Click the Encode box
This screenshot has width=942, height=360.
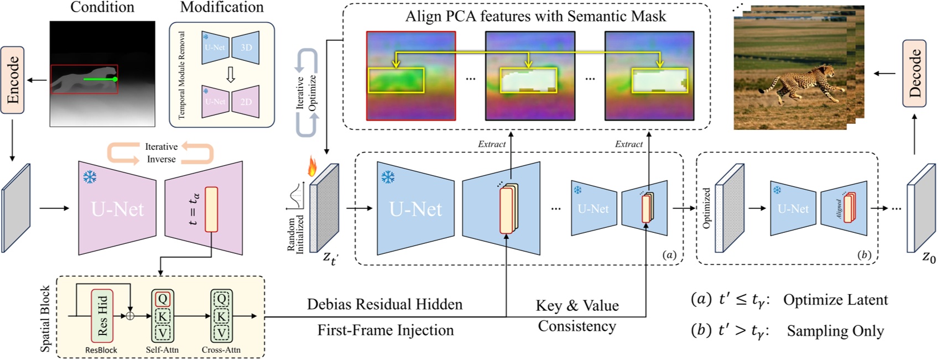pyautogui.click(x=12, y=80)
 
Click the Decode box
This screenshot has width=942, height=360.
pyautogui.click(x=914, y=73)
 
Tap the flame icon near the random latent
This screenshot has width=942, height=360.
pyautogui.click(x=313, y=166)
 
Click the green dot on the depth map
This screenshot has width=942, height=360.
pyautogui.click(x=115, y=80)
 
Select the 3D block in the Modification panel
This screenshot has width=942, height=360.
pyautogui.click(x=246, y=48)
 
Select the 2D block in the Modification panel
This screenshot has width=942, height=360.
pyautogui.click(x=246, y=102)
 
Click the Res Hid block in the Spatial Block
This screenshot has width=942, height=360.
pyautogui.click(x=102, y=316)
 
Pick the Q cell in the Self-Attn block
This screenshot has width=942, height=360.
pyautogui.click(x=163, y=299)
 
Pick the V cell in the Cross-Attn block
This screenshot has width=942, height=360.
pyautogui.click(x=221, y=333)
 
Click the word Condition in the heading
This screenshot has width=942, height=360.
pyautogui.click(x=102, y=7)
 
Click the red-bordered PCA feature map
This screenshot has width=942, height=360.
pyautogui.click(x=410, y=76)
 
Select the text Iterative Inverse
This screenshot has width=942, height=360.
pyautogui.click(x=161, y=153)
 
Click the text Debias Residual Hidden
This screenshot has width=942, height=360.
pyautogui.click(x=384, y=304)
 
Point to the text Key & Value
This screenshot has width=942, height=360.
pyautogui.click(x=577, y=306)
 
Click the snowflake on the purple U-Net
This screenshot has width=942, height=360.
pyautogui.click(x=90, y=177)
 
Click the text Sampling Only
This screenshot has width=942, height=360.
pyautogui.click(x=835, y=331)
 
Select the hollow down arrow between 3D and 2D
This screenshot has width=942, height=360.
pyautogui.click(x=231, y=75)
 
